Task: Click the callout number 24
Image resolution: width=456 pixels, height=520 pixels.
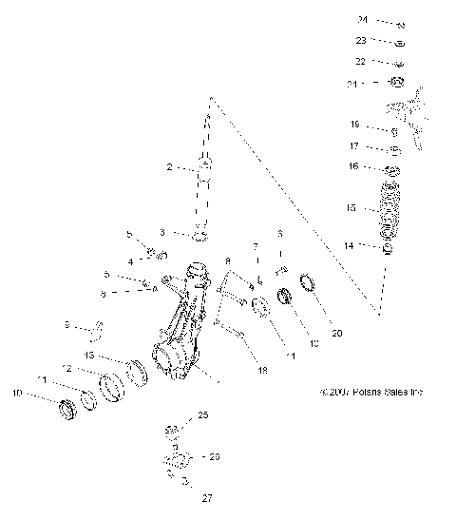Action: click(362, 19)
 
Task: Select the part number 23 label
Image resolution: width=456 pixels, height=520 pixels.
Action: click(361, 41)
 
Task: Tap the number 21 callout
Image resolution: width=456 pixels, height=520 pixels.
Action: click(352, 84)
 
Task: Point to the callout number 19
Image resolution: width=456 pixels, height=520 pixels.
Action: click(353, 125)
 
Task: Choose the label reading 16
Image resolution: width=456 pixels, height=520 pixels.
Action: click(353, 166)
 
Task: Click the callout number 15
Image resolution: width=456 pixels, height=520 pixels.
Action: click(351, 207)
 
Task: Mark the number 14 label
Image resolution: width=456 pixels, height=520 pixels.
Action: click(349, 245)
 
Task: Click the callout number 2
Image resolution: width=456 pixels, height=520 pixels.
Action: click(170, 167)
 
